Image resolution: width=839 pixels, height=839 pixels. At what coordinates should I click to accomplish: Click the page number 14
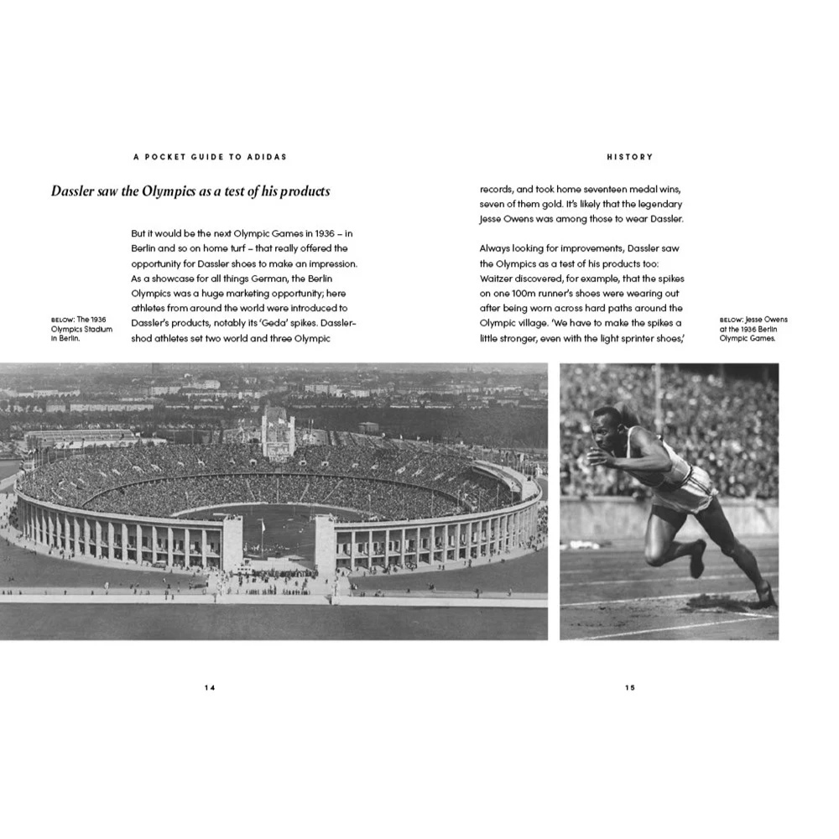click(x=210, y=687)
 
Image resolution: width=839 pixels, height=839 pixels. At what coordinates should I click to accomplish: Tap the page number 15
click(x=630, y=687)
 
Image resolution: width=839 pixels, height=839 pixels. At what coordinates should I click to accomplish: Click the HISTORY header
click(x=629, y=157)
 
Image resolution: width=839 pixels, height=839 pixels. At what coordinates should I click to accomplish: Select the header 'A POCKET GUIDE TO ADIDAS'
click(x=210, y=157)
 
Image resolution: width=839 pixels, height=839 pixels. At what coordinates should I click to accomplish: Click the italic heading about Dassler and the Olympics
click(x=190, y=191)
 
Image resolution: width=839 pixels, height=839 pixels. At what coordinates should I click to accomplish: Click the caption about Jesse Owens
click(x=753, y=329)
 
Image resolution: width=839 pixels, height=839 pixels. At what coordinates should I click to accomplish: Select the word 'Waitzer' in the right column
click(x=500, y=279)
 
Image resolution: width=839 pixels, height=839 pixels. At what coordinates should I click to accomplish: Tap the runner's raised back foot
click(x=697, y=560)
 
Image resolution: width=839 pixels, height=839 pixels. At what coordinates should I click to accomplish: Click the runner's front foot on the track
click(x=765, y=597)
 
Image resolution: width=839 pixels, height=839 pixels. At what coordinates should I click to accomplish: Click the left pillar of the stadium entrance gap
click(x=232, y=542)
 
